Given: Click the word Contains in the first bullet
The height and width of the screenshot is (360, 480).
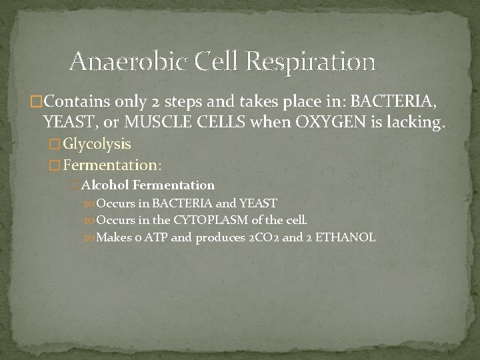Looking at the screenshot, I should (64, 103).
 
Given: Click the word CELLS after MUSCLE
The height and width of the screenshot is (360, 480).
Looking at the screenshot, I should (212, 122).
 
